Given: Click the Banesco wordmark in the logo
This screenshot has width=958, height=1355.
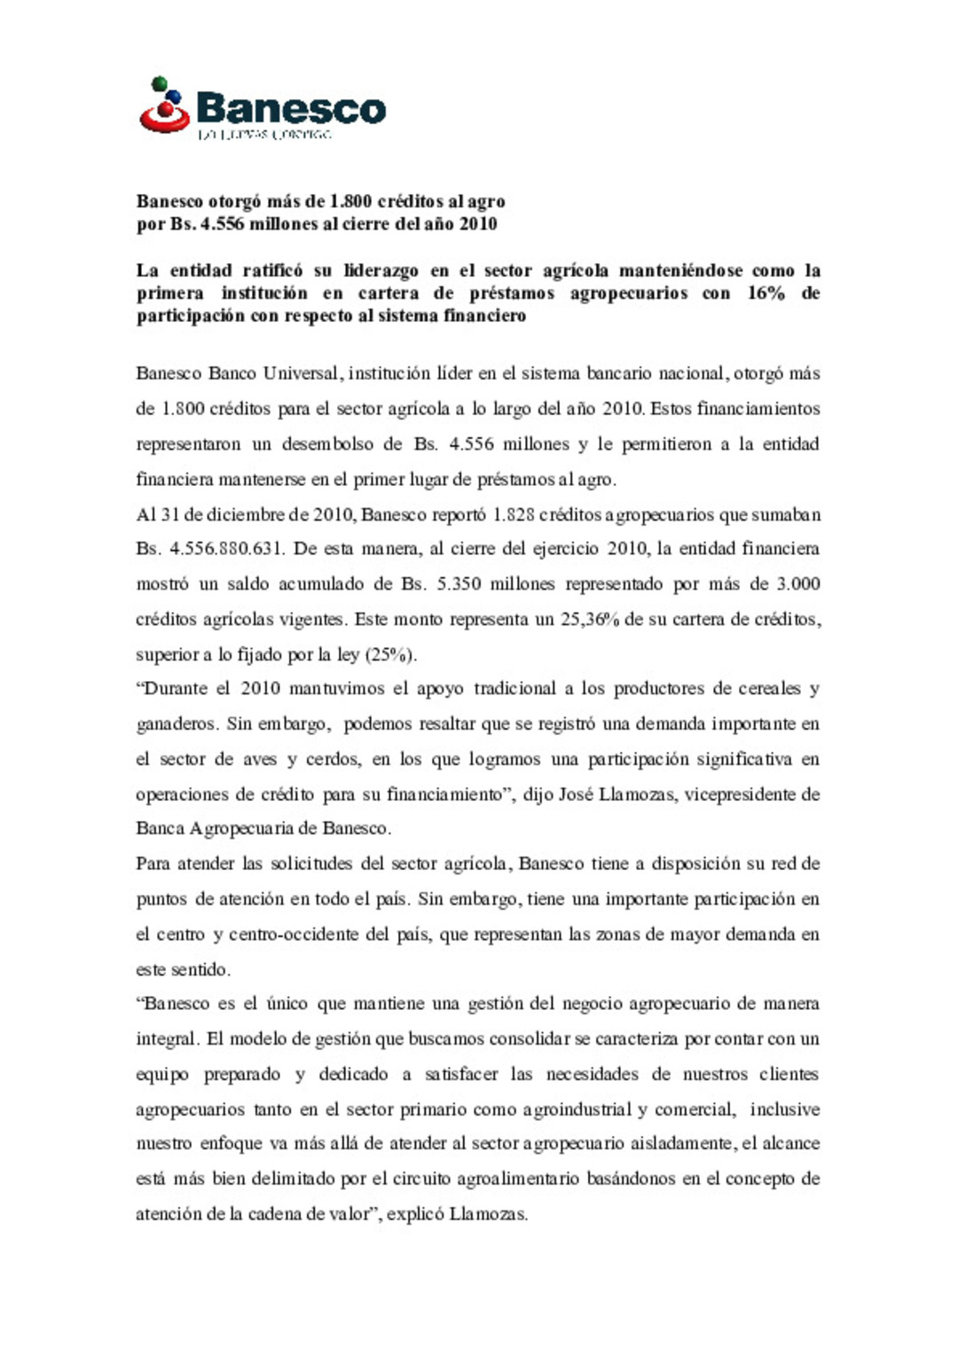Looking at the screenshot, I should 291,108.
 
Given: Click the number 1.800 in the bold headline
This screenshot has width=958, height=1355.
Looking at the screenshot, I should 349,201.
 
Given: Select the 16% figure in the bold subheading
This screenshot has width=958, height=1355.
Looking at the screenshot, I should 766,293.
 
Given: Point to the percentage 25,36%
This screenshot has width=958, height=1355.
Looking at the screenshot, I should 589,619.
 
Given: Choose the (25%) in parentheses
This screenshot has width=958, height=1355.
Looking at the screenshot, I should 390,654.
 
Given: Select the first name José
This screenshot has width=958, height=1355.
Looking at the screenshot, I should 576,795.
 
